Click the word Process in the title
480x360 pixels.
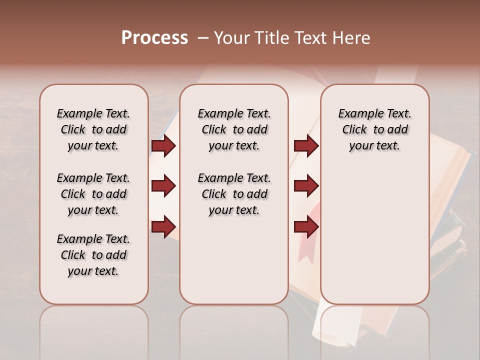point(154,38)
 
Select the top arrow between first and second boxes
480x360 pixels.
point(163,146)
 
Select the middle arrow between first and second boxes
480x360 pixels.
point(163,186)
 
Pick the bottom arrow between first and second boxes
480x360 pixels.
point(163,227)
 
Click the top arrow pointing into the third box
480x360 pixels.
point(306,146)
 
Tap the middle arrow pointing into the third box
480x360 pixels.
point(306,186)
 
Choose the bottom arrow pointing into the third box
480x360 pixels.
point(306,227)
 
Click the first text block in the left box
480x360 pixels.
point(93,129)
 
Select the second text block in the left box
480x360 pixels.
point(93,194)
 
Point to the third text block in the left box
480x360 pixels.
point(93,255)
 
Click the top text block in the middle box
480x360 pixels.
point(234,129)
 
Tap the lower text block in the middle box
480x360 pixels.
point(234,194)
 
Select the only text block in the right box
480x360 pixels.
point(374,129)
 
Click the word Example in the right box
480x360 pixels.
point(356,114)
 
